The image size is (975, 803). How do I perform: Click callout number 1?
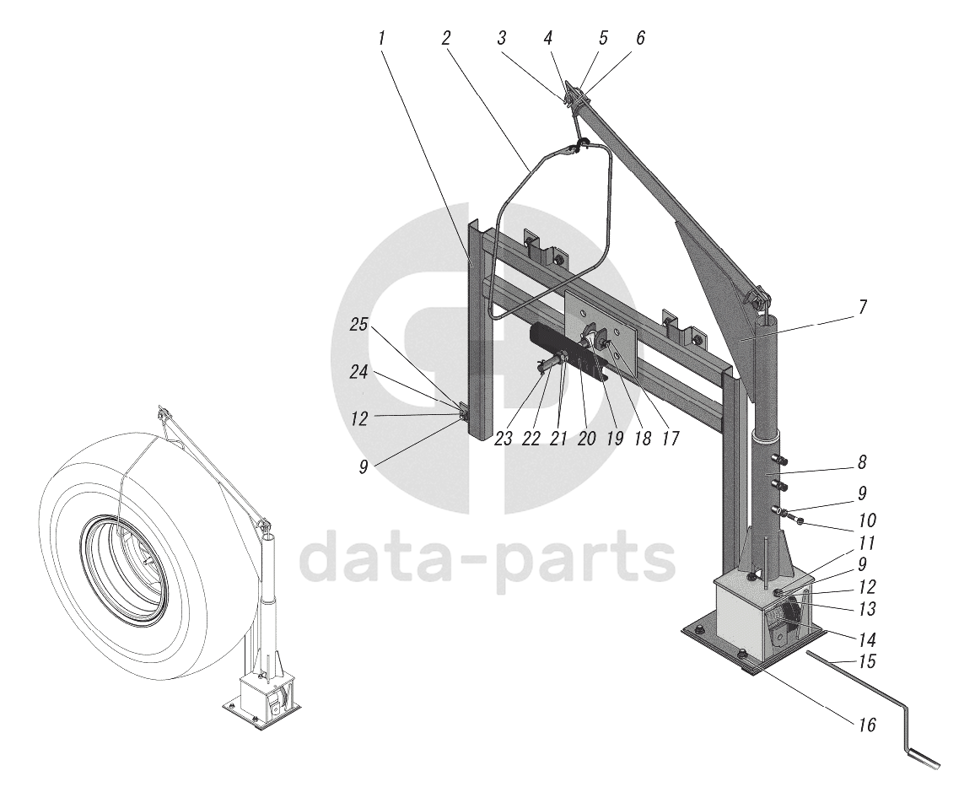(382, 38)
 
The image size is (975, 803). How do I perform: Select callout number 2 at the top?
(445, 38)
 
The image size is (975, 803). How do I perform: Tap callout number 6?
(641, 38)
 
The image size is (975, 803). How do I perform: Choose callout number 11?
(866, 544)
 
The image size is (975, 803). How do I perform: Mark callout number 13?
(866, 607)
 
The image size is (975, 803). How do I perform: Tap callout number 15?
(866, 663)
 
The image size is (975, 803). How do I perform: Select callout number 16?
(867, 724)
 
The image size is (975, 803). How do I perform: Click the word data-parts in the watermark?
(487, 558)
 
